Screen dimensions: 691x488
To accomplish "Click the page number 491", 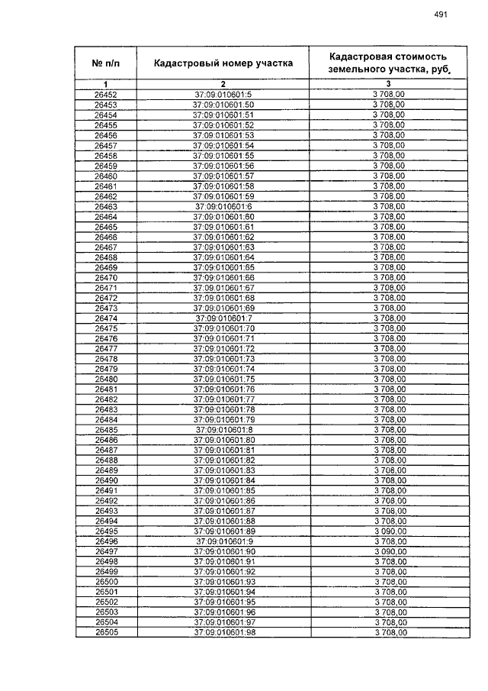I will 440,14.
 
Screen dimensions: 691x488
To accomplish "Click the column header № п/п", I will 105,63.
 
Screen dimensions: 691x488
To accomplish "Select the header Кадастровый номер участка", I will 223,63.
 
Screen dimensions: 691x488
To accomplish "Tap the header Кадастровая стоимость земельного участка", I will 387,63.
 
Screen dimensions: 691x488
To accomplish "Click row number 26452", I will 105,94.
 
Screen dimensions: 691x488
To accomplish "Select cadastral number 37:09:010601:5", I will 223,94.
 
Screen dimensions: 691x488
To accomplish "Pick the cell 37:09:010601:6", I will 223,206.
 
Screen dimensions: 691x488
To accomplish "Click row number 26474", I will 105,318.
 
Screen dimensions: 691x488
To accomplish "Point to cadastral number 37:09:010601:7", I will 223,318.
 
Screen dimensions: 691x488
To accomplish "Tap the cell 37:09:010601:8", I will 223,429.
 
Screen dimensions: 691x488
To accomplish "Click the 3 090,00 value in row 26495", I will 389,531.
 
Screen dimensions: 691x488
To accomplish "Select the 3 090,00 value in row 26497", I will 389,551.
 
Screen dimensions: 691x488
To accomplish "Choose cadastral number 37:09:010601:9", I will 223,541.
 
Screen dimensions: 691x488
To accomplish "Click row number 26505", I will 105,632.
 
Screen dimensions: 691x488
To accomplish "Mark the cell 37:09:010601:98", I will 223,632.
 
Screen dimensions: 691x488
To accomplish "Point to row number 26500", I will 105,582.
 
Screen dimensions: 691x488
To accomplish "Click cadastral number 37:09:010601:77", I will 223,399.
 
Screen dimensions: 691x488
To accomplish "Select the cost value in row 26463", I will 389,206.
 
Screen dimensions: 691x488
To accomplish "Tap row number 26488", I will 105,460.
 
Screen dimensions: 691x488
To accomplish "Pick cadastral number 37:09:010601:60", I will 223,216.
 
